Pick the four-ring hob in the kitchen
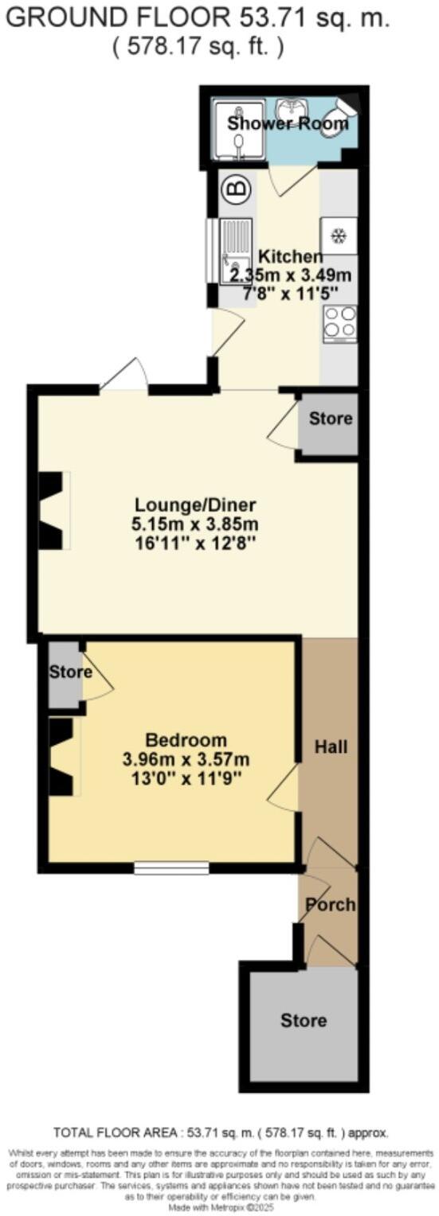click(339, 323)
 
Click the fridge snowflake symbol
click(339, 236)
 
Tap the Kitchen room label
click(291, 257)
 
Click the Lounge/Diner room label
click(196, 505)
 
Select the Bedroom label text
click(186, 739)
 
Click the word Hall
click(330, 746)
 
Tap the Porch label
click(331, 905)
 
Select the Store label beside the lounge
click(330, 418)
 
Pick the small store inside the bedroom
click(65, 673)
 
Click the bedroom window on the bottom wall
click(171, 867)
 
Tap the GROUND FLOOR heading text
click(198, 19)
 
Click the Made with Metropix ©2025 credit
click(219, 1206)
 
